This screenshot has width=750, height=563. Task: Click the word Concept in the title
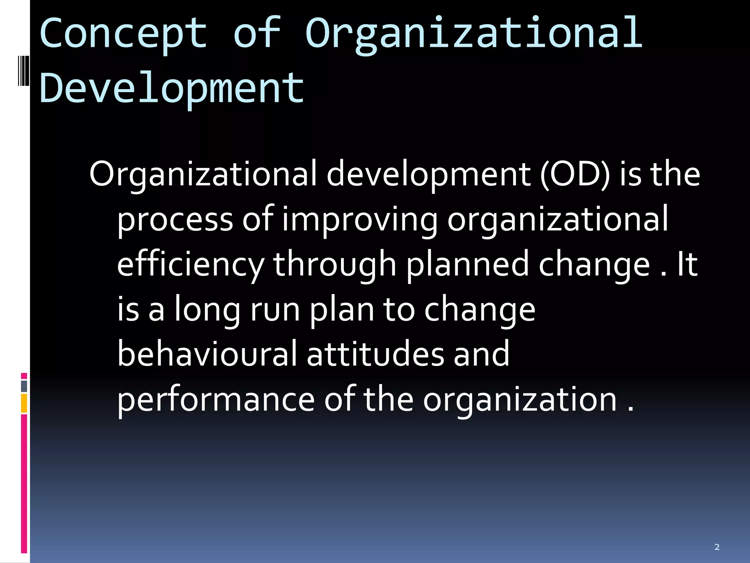tap(123, 34)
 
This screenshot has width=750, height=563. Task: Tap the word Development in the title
tap(171, 88)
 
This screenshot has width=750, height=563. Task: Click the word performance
tap(216, 400)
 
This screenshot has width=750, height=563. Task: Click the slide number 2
tap(717, 547)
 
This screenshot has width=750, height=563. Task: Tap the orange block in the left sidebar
tap(24, 403)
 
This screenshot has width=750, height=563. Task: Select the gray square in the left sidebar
tap(24, 386)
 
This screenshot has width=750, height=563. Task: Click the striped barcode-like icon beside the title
tap(23, 71)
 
